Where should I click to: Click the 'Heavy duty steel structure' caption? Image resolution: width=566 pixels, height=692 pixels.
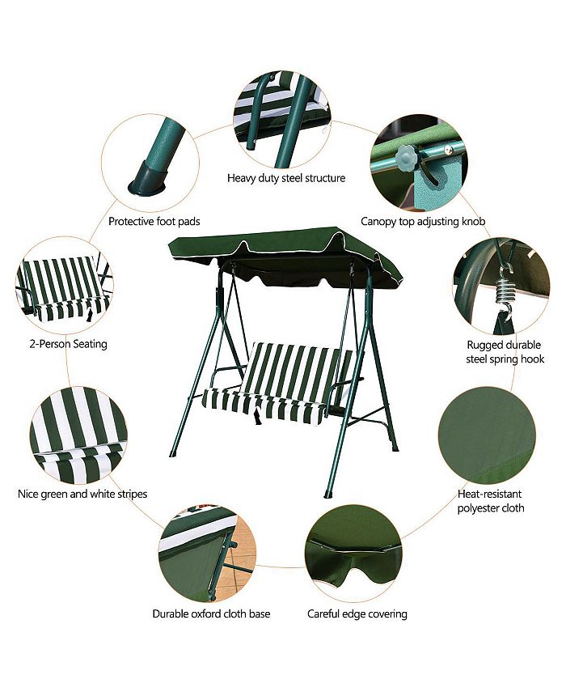(x=285, y=178)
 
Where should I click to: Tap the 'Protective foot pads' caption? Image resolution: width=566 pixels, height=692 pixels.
(x=154, y=221)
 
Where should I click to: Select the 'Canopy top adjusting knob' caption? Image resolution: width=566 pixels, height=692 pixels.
(x=423, y=221)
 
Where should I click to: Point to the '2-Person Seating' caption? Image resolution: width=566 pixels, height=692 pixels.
(x=63, y=344)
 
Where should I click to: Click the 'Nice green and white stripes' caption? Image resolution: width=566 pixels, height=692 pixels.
(x=82, y=493)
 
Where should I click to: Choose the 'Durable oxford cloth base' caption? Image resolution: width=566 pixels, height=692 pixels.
(x=211, y=613)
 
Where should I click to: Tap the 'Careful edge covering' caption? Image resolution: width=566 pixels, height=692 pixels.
(x=357, y=613)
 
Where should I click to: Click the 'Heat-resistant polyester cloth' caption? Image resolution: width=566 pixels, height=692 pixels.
(x=490, y=500)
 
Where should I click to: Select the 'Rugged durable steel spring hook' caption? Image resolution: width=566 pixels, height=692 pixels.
(x=505, y=351)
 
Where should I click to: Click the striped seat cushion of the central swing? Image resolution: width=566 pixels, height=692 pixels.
(x=267, y=399)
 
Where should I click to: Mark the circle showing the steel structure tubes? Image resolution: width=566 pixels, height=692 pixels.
(x=282, y=118)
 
